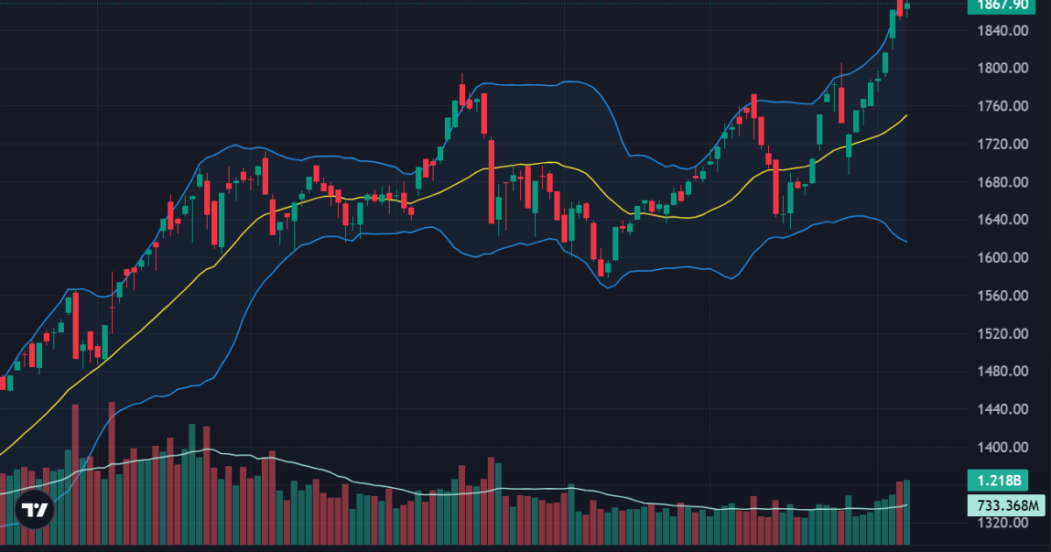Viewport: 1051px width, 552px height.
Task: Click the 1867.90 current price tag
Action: tap(1004, 5)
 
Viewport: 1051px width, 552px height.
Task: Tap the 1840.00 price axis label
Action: tap(1004, 31)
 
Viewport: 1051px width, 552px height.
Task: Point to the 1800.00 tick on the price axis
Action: tap(1004, 68)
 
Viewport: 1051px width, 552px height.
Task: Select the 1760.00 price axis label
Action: tap(1004, 107)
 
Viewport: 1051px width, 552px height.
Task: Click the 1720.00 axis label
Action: tap(1004, 145)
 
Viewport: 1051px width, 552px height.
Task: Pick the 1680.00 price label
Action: tap(1004, 182)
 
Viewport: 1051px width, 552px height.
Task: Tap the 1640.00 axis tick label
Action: tap(1004, 220)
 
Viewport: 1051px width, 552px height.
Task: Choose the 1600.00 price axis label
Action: tap(1004, 258)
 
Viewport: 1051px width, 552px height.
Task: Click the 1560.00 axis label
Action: tap(1004, 295)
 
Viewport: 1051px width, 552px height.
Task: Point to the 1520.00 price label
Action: tap(1004, 334)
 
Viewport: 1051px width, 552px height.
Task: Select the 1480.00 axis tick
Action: tap(1004, 372)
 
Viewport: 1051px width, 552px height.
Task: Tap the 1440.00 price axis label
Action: tap(1004, 409)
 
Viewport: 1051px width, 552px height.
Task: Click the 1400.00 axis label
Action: tap(1004, 447)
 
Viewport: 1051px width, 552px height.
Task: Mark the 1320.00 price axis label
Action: tap(1004, 523)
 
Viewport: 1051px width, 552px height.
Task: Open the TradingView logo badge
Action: tap(34, 510)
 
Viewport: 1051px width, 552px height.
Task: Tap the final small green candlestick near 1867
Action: tap(907, 6)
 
